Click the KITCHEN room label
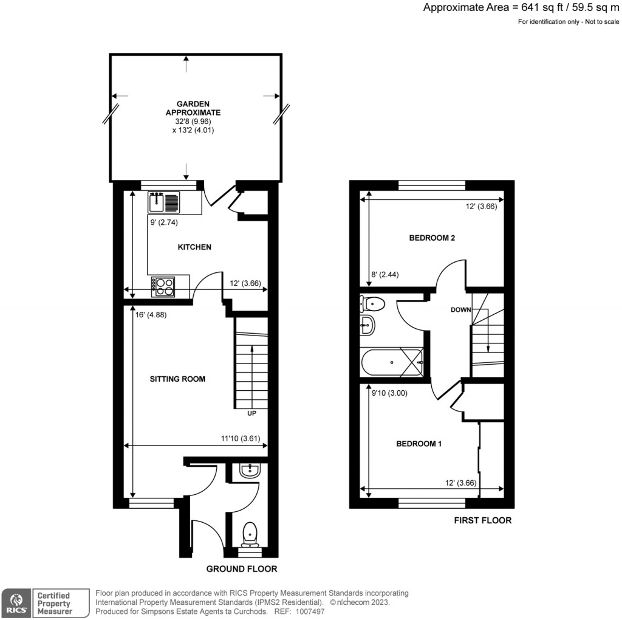coord(194,247)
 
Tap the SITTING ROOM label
coord(178,379)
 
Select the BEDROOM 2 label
coord(432,238)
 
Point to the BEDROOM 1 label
coord(419,444)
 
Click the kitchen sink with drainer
coord(164,201)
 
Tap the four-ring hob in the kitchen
coord(163,286)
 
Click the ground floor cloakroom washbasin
coord(250,469)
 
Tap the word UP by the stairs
coord(251,413)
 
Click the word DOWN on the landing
coord(461,310)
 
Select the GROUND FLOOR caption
coord(242,569)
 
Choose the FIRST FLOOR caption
coord(483,520)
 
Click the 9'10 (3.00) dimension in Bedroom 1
coord(389,393)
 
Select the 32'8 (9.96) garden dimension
coord(193,122)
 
